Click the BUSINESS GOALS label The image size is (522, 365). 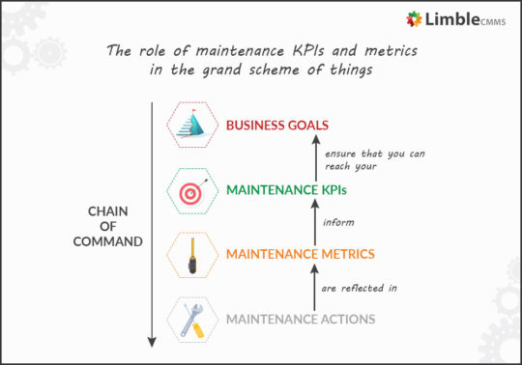coord(277,125)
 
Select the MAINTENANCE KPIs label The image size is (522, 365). coord(286,189)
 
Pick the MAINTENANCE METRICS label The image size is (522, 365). coord(300,255)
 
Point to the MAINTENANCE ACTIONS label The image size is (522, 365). coord(300,320)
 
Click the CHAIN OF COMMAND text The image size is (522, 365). coord(107,226)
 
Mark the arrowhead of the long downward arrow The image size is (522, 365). coord(152,341)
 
